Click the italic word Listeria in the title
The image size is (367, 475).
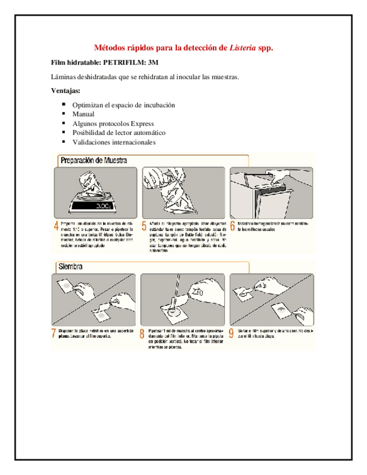tap(243, 48)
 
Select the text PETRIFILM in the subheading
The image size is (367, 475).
tap(118, 62)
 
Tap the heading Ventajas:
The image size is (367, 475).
tap(66, 91)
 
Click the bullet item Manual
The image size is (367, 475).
tap(83, 114)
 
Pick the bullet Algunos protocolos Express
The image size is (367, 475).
tap(113, 123)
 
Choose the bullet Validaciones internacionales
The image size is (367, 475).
tap(114, 142)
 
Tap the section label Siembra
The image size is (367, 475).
tap(71, 267)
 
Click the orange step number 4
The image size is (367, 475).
tap(55, 226)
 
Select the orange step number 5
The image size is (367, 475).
tap(144, 226)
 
